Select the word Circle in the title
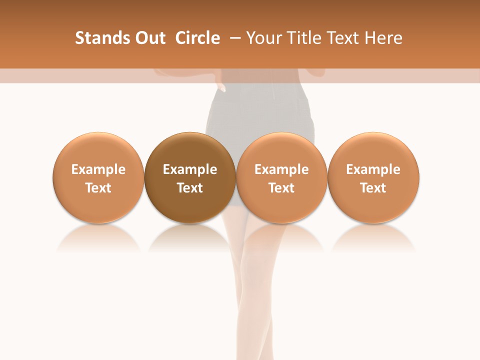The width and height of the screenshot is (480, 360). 197,38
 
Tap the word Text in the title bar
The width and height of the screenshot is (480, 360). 342,38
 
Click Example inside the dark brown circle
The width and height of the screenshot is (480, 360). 190,169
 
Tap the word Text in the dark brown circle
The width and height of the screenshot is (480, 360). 190,188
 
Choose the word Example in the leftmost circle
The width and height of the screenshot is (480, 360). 98,169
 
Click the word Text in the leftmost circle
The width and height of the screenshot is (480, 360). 98,188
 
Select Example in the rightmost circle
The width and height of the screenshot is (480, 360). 373,169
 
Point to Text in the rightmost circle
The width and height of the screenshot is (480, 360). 373,188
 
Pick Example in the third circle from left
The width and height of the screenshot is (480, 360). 281,169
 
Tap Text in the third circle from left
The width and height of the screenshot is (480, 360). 281,188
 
